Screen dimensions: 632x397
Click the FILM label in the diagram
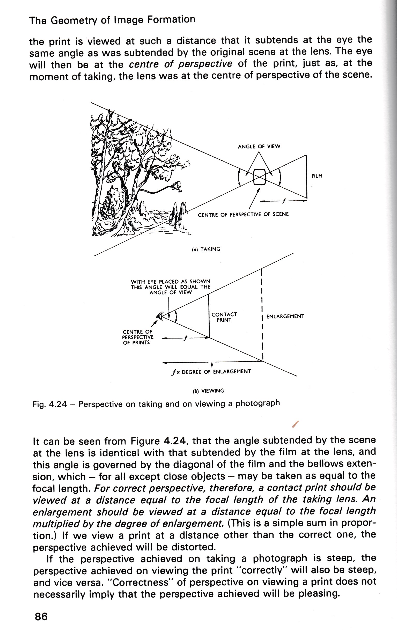point(317,176)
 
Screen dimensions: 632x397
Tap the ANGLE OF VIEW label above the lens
point(259,146)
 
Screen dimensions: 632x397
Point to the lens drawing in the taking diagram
point(260,177)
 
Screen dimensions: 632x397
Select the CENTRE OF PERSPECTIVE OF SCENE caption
point(243,215)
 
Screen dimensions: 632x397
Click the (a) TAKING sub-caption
point(206,249)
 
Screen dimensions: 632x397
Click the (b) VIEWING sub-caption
point(208,391)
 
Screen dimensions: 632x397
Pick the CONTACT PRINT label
point(224,317)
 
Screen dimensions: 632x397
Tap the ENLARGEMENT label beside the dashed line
point(285,316)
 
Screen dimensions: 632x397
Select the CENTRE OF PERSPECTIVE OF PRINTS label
point(138,337)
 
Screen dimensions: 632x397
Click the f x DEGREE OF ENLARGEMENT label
point(211,372)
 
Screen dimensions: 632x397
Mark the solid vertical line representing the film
point(306,176)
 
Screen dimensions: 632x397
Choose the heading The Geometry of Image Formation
point(112,20)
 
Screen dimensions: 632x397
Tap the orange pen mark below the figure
point(296,424)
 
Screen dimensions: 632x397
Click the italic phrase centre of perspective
point(180,64)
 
